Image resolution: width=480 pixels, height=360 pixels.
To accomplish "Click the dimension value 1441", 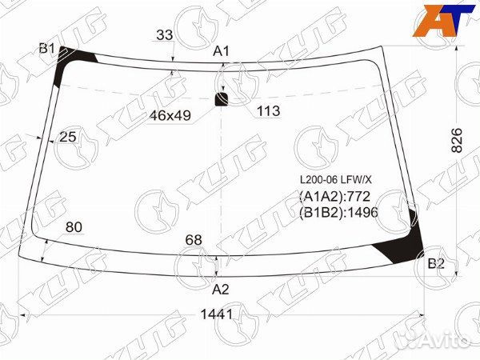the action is (x=217, y=314).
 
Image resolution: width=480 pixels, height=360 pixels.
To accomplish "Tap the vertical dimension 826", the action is (x=457, y=141).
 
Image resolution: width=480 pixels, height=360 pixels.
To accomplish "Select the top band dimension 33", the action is (x=165, y=35).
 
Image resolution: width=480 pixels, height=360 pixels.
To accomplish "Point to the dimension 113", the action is (x=268, y=111).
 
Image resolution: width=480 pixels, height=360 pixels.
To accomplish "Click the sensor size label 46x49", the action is (x=170, y=115).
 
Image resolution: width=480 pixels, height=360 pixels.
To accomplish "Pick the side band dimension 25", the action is (x=68, y=137).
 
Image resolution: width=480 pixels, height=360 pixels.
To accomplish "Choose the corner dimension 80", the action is (x=74, y=227).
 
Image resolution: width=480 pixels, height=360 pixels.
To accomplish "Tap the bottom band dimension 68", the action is (x=194, y=240).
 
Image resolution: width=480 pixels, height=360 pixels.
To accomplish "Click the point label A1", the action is (x=221, y=51).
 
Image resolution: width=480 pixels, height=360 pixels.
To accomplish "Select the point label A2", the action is (x=221, y=290).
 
